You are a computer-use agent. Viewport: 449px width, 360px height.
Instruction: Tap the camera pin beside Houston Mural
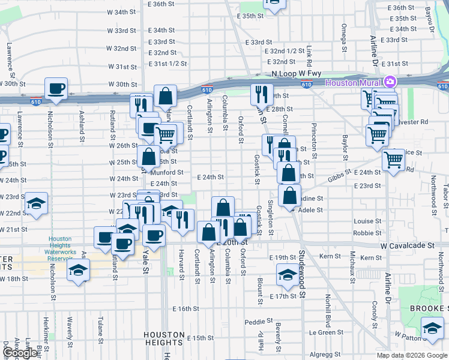390,82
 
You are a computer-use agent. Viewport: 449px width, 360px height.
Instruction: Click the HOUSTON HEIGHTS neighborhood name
164,339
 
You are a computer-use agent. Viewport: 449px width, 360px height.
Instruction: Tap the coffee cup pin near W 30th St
56,89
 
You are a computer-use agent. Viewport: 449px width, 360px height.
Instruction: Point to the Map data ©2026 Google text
412,355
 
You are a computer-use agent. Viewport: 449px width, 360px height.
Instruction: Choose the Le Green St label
327,332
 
